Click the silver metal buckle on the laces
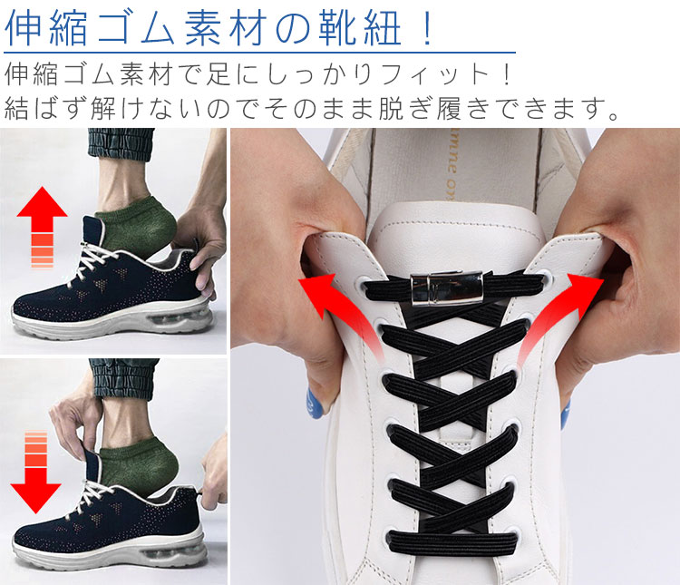446,288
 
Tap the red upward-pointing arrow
42,227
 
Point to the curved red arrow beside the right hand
559,313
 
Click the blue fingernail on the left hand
316,404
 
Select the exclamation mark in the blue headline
428,28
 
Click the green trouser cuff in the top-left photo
121,144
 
